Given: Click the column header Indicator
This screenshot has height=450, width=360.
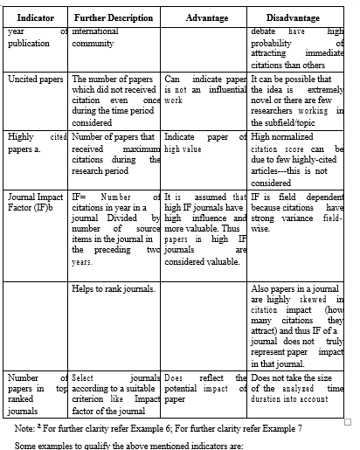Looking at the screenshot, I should point(36,18).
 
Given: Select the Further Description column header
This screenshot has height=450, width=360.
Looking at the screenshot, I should point(114,18).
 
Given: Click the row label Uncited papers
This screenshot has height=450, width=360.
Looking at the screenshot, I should point(35,79).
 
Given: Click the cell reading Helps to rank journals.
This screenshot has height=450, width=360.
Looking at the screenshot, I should point(114,287).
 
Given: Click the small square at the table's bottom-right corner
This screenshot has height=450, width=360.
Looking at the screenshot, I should point(348,421).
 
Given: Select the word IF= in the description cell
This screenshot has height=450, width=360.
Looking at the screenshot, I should point(80,197).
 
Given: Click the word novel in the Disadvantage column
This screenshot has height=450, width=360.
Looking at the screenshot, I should point(263,100).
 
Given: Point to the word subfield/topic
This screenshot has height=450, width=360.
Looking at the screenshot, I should point(287,123).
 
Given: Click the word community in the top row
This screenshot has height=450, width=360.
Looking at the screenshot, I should point(93,43).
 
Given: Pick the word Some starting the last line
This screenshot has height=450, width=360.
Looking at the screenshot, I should point(29,445).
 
